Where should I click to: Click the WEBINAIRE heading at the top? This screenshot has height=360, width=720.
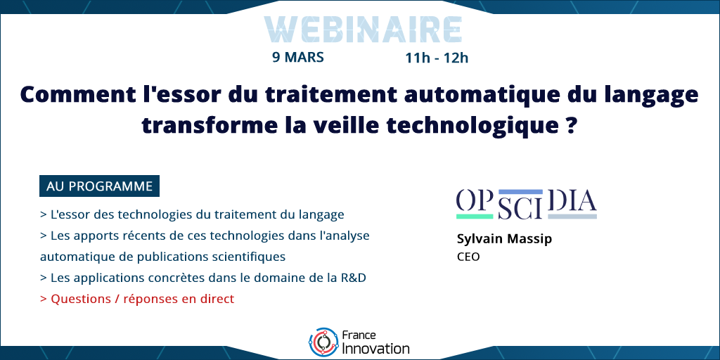pos(363,30)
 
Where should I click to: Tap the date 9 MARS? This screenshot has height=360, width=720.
pos(298,58)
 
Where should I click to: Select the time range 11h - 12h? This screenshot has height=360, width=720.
pos(437,58)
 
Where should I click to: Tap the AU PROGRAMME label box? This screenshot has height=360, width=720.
pos(99,186)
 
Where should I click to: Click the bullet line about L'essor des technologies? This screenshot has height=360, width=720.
pos(192,214)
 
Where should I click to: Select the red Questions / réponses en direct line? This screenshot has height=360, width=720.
pos(137,299)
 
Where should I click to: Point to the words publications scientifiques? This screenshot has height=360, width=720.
pos(211,257)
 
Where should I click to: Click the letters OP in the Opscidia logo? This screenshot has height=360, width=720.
pos(475,200)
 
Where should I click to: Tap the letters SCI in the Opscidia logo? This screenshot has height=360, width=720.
pos(520,208)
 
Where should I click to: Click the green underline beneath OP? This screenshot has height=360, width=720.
pos(475,215)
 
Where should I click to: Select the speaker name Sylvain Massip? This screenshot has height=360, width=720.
pos(505,239)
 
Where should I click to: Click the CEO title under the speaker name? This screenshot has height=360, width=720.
pos(468,257)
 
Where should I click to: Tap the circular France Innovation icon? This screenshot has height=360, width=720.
pos(323,342)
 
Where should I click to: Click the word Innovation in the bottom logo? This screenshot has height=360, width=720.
pos(376,348)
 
